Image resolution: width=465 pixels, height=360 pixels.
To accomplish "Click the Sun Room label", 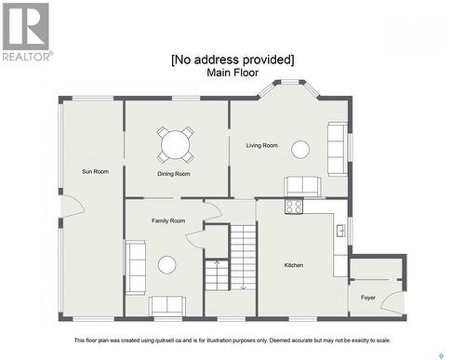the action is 95,171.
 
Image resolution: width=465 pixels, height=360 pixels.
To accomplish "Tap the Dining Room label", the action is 174,174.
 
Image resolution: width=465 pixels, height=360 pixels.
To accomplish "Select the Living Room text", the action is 262,145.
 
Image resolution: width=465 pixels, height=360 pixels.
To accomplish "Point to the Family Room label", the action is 168,220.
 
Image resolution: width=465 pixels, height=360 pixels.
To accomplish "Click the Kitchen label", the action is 294,265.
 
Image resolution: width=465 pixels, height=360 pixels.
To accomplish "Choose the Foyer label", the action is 368,298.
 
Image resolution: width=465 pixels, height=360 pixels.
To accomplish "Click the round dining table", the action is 175,144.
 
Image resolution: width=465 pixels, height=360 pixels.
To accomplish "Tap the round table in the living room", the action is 300,150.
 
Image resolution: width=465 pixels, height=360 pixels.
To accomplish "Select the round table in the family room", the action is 166,265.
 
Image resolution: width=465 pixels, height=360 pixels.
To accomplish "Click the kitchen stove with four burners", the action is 294,206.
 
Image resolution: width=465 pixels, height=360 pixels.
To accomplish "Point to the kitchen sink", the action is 341,231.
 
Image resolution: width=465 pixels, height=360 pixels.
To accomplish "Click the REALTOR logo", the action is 27,32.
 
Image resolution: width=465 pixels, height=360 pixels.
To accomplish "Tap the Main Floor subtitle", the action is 232,73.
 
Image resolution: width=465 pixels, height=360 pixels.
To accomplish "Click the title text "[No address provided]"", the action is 232,60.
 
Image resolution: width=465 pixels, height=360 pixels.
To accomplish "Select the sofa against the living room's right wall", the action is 338,149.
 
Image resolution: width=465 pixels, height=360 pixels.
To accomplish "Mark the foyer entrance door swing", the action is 392,302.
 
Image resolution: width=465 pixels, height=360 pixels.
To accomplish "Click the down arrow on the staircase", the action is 244,287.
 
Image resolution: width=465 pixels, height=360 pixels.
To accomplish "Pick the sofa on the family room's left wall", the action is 135,267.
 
